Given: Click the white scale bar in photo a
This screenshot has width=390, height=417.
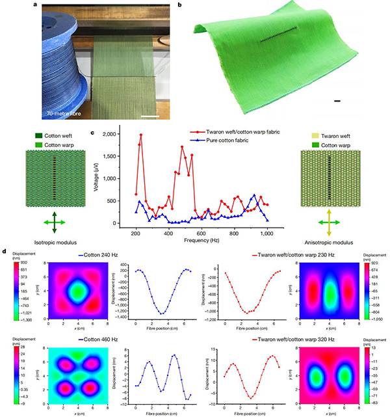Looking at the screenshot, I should pyautogui.click(x=150, y=117).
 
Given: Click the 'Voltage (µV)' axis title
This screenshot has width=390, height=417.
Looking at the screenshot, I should pyautogui.click(x=98, y=178).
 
